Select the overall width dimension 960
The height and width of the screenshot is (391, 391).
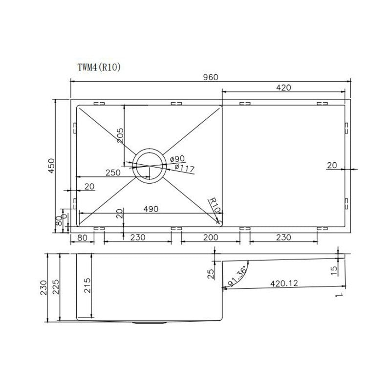click(210, 77)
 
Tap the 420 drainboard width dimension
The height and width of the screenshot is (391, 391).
click(283, 87)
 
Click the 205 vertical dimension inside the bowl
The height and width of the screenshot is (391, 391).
click(120, 135)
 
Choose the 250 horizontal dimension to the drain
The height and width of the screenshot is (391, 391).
click(113, 173)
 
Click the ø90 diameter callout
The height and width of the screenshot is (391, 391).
click(177, 159)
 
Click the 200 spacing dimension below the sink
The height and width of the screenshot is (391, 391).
click(210, 238)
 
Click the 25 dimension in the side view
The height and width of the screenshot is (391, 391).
click(211, 274)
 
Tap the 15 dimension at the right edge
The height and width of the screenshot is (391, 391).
click(334, 270)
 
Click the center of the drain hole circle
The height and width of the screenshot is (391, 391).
click(149, 165)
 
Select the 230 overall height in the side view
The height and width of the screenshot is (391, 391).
click(44, 288)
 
